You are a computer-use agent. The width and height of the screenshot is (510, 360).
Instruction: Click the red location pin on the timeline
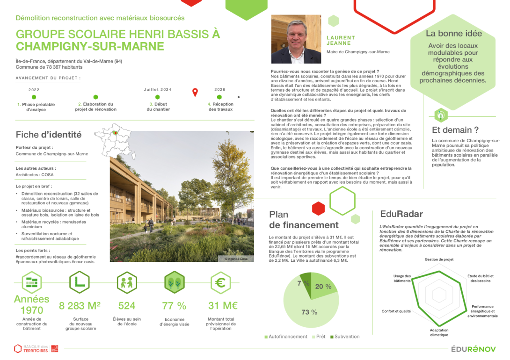(196, 92)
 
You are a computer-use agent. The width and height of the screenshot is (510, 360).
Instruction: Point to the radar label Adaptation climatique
(438, 332)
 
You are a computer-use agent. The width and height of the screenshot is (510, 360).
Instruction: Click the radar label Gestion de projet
(439, 259)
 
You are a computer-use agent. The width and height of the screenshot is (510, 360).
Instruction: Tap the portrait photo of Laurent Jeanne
(296, 39)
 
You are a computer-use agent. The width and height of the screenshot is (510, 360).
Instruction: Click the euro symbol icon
(219, 283)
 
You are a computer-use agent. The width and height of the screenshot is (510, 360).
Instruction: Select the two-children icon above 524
(127, 283)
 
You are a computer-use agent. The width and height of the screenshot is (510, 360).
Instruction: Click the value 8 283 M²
(80, 306)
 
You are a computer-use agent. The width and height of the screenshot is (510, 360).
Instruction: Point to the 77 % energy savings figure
(174, 306)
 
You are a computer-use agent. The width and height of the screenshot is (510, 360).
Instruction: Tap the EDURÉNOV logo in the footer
(473, 349)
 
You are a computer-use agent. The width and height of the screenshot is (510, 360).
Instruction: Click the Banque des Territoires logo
(36, 348)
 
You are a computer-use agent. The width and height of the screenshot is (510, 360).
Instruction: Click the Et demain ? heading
(455, 130)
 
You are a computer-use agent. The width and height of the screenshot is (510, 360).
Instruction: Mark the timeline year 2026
(220, 89)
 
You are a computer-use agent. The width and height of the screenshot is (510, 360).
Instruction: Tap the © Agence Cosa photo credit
(236, 259)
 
